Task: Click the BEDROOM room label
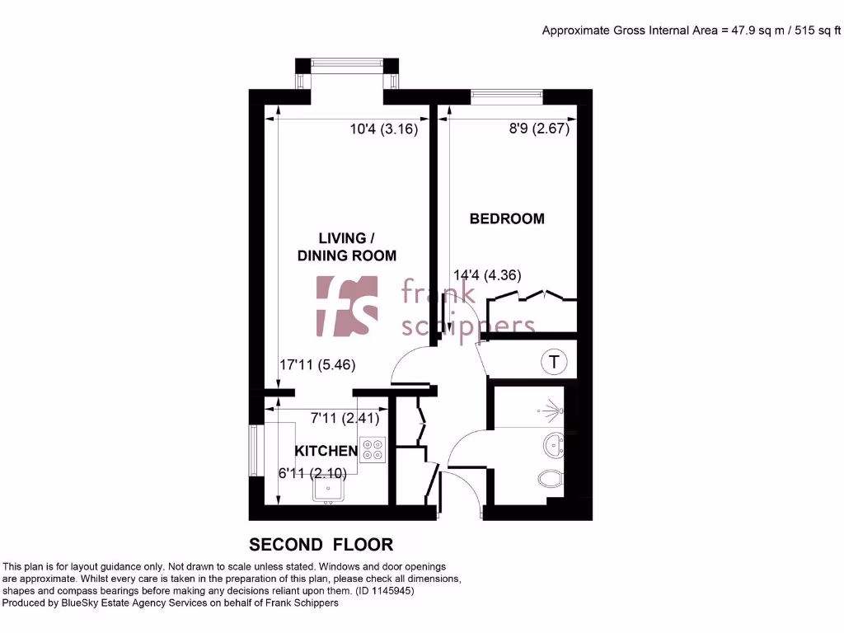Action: pos(507,218)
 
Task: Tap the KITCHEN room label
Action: pos(326,451)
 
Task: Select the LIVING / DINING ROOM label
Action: pos(346,247)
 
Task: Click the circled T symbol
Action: pos(555,361)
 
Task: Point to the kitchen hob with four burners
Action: pos(373,448)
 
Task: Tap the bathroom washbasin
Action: pos(553,447)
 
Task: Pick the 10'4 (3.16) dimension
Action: pos(384,129)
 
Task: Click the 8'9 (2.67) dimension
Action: pos(537,129)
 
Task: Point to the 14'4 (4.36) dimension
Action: pos(487,275)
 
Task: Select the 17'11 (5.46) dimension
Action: pos(317,363)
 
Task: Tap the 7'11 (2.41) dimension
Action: pos(345,418)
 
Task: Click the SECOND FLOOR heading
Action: pos(321,544)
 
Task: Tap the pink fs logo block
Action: pos(347,307)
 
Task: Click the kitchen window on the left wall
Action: pos(255,449)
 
